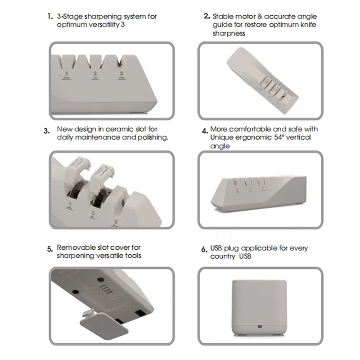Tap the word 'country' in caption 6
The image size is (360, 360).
pyautogui.click(x=222, y=256)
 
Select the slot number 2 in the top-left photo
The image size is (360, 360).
pyautogui.click(x=94, y=73)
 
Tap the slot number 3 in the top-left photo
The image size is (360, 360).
pyautogui.click(x=121, y=73)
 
